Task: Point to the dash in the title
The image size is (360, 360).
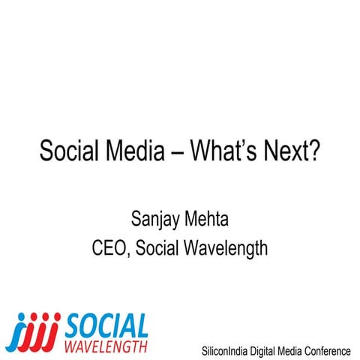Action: (178, 152)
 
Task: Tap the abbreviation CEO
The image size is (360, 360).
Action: (110, 248)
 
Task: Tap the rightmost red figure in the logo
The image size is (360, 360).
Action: (55, 330)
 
